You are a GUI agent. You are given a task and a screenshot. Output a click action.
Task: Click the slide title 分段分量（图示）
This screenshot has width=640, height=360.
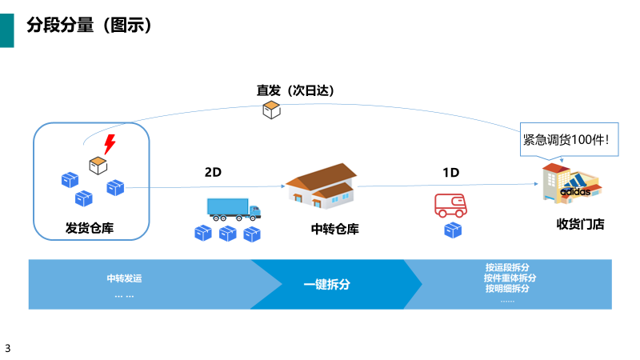click(90, 26)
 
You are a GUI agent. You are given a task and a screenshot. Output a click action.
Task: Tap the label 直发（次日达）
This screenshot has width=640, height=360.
click(294, 90)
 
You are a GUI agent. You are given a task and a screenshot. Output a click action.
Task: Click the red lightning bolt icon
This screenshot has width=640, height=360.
click(110, 145)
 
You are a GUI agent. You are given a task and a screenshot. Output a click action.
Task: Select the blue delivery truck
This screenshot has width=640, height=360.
click(234, 208)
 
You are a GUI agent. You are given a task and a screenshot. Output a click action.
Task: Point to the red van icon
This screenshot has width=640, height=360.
click(451, 205)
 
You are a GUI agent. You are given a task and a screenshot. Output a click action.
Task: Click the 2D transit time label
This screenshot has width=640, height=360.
click(213, 172)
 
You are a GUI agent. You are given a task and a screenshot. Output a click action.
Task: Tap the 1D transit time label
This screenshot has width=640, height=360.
click(451, 172)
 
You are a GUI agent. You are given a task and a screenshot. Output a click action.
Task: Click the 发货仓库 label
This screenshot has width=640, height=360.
click(90, 228)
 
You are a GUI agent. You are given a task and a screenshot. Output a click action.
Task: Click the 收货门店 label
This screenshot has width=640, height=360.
click(580, 225)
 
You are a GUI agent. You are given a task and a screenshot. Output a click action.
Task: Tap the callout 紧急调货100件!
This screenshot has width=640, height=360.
click(565, 139)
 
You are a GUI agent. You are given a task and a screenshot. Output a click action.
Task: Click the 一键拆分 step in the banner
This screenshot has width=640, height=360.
click(327, 284)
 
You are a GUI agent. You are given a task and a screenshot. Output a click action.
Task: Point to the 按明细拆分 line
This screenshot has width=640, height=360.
click(508, 289)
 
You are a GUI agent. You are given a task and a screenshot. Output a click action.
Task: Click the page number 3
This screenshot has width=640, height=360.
click(8, 348)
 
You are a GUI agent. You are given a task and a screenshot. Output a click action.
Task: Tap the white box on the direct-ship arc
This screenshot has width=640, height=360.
click(272, 110)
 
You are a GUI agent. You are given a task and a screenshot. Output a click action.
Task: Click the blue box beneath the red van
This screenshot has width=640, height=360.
click(454, 230)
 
